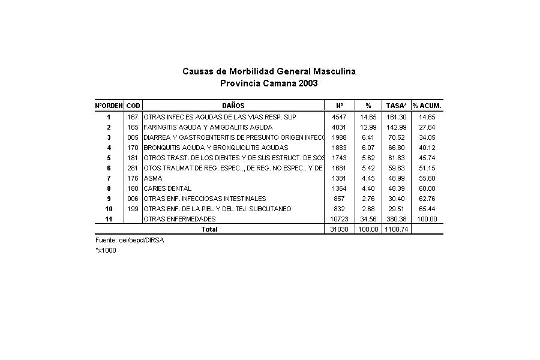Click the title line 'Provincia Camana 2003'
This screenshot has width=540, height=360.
coord(269,83)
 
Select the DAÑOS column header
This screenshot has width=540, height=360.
coord(233,106)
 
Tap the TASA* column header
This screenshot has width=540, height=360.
coord(396,106)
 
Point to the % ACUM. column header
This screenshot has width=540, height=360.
coord(427,106)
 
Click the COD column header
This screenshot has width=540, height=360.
coord(133,106)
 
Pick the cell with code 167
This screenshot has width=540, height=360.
coord(133,117)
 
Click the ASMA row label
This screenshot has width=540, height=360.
coord(153,178)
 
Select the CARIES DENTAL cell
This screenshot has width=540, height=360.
coord(167,188)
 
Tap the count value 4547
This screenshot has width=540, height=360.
coord(338,117)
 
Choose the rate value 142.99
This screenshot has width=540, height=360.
coord(396,127)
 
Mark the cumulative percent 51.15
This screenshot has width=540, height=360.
coord(427,168)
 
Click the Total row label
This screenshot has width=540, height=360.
coord(209,229)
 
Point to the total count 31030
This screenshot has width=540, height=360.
coord(339,229)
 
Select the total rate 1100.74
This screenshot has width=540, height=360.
coord(396,229)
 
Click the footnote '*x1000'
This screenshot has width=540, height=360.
coord(106,250)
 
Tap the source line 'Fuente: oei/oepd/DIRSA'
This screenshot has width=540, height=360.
coord(130,240)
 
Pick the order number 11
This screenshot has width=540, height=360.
coord(109,219)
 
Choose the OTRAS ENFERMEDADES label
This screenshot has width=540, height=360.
coord(179,219)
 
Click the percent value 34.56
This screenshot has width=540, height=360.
coord(368,219)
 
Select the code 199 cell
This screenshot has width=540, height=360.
coord(133,209)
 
